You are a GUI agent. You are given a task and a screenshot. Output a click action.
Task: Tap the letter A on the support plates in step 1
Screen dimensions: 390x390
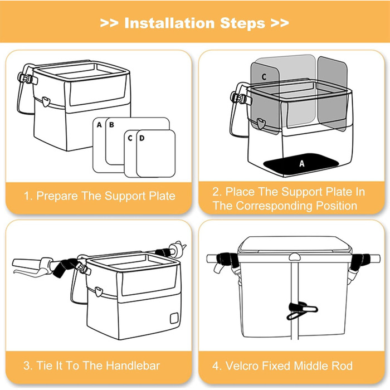click(x=99, y=125)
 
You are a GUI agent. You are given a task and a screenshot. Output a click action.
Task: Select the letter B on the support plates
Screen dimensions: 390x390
click(x=111, y=125)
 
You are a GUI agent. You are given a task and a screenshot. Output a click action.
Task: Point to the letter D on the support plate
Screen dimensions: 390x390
click(x=142, y=137)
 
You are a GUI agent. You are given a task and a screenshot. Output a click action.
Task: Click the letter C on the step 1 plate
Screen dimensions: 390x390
click(x=130, y=137)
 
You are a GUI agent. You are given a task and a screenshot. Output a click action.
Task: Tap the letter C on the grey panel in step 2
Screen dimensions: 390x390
click(x=264, y=74)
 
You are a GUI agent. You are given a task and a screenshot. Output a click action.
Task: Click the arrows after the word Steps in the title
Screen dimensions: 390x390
click(x=279, y=23)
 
